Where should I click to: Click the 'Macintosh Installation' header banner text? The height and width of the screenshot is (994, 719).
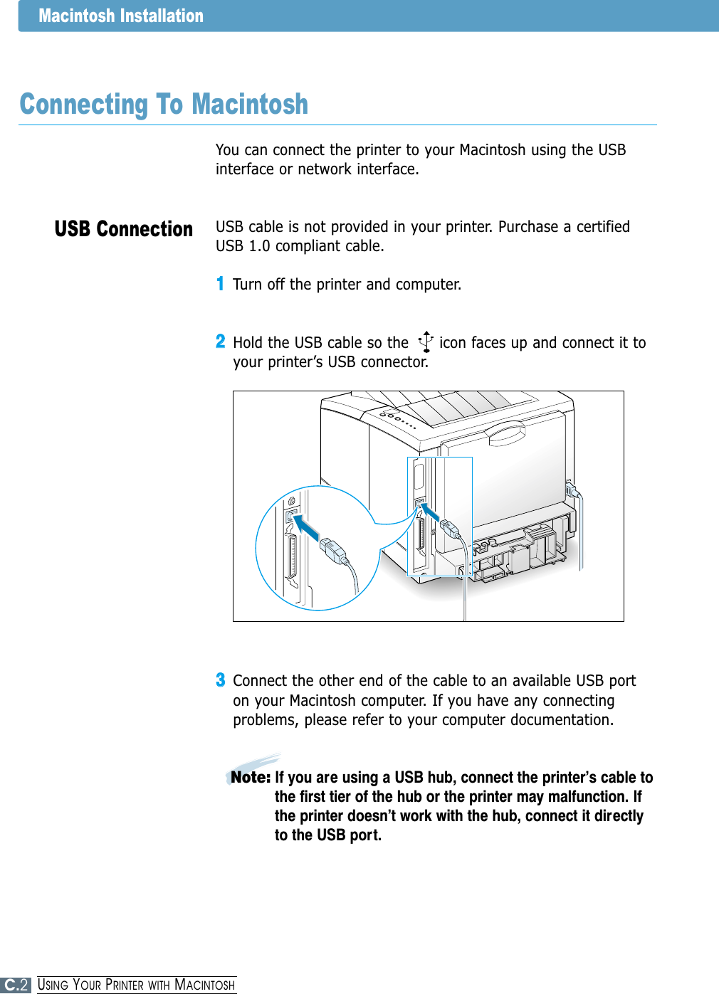[121, 16]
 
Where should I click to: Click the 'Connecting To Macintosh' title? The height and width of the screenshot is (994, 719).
[164, 105]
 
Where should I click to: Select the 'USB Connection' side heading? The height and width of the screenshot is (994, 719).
[124, 229]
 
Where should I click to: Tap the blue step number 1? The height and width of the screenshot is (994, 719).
[220, 284]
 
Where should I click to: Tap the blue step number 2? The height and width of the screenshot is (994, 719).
[221, 342]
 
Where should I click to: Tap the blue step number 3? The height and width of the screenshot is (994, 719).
[221, 680]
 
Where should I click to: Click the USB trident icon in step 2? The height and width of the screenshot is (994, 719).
[426, 342]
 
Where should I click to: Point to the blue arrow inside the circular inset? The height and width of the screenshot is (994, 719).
[308, 529]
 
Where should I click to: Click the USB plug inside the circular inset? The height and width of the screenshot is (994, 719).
[332, 550]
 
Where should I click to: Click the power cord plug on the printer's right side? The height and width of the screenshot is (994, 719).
[571, 490]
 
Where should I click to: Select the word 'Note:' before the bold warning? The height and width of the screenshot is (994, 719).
[250, 777]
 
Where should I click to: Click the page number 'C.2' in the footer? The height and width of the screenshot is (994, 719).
[16, 985]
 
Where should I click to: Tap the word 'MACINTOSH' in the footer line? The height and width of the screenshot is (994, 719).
[205, 985]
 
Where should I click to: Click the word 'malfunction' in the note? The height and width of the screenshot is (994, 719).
[589, 797]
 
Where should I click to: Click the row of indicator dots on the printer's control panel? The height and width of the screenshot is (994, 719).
[399, 419]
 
